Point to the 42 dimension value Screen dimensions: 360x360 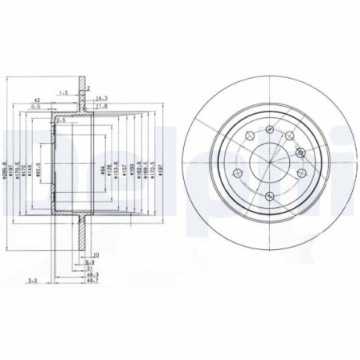pyautogui.click(x=37, y=99)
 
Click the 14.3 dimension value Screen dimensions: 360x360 pyautogui.click(x=100, y=98)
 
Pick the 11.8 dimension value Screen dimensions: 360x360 pyautogui.click(x=101, y=106)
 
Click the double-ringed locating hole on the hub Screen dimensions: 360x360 pyautogui.click(x=299, y=153)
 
